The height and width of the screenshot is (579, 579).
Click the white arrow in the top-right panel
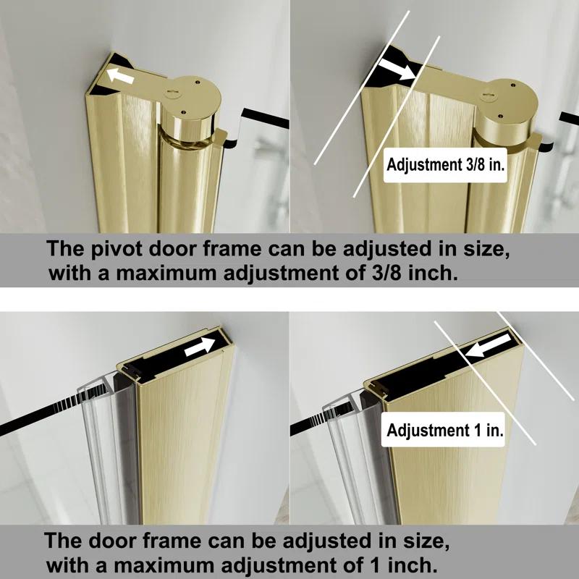[395, 70]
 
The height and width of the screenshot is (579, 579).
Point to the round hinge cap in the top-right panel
[510, 101]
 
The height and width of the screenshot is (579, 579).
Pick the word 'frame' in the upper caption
[210, 248]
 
